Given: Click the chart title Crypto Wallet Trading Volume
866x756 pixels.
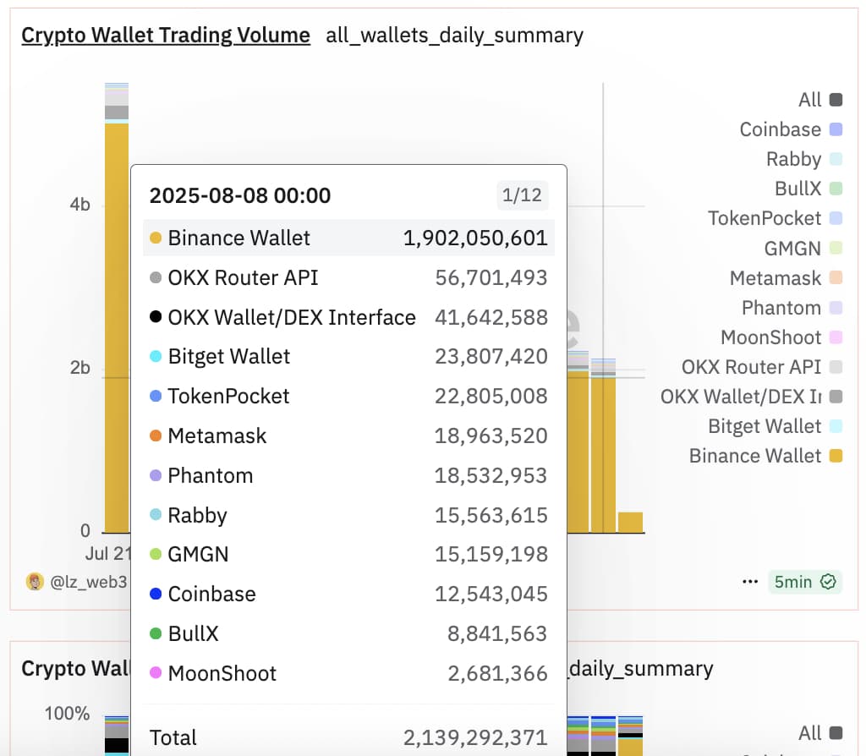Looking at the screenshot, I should coord(166,36).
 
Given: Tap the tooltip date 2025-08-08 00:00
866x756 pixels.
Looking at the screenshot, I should coord(240,196).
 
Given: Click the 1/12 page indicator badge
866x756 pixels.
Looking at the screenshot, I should coord(522,196).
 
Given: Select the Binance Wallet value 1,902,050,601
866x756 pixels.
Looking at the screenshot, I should coord(475,238).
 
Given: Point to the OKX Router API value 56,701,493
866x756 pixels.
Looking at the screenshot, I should coord(491,278).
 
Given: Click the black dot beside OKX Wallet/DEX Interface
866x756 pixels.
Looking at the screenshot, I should coord(156,317).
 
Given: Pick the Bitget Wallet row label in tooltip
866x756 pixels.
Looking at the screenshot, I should coord(229,357).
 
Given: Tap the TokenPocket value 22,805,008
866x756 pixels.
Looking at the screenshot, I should coord(491,397).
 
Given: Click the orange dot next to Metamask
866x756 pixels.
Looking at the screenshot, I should coord(156,436).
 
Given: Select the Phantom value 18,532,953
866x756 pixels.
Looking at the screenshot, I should coord(491,476).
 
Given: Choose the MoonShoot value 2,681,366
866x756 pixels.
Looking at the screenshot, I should coord(497,674).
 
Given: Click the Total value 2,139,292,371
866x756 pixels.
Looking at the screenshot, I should coord(475,737).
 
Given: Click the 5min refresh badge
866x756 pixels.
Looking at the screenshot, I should coord(804,582).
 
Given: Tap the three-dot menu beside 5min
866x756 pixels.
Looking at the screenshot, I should coord(750,582).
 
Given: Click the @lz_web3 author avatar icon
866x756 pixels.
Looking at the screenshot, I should coord(35,582).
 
